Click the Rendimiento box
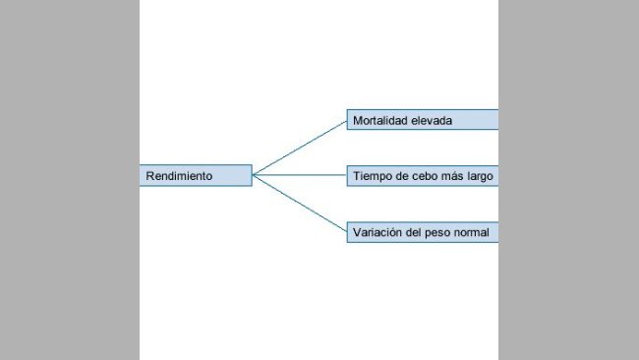click(x=196, y=175)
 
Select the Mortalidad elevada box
click(x=423, y=119)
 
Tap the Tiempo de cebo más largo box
click(x=423, y=176)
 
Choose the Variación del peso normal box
click(x=423, y=232)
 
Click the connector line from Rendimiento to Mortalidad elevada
click(x=300, y=148)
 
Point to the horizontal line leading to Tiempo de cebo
click(x=300, y=175)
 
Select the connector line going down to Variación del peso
click(x=300, y=203)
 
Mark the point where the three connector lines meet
click(x=253, y=175)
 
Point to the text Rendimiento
click(x=179, y=176)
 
